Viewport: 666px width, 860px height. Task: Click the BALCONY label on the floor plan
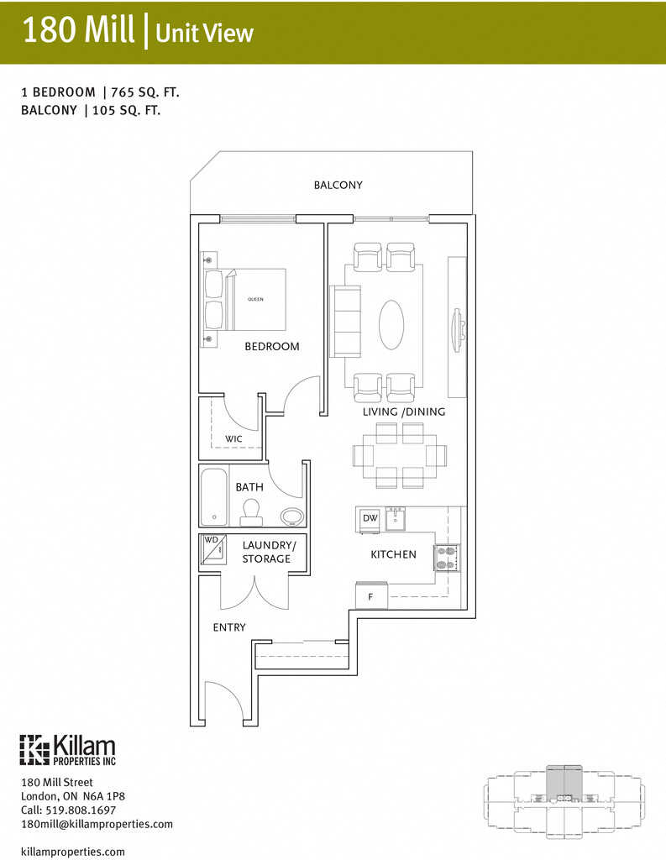tap(338, 185)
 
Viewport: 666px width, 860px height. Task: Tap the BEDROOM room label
tap(271, 346)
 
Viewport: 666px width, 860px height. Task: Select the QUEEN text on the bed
tap(255, 300)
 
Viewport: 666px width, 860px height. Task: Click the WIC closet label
tap(233, 438)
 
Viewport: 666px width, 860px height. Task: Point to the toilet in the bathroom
tap(250, 511)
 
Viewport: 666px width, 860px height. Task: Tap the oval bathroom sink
tap(291, 516)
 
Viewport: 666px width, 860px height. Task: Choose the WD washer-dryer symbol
tap(212, 548)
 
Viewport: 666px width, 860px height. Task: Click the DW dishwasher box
tap(370, 519)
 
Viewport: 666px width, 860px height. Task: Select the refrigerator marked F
tap(370, 596)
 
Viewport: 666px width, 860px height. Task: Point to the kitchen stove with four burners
tap(447, 558)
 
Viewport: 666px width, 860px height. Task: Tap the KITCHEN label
tap(393, 554)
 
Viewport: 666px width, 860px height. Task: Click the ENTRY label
tap(229, 627)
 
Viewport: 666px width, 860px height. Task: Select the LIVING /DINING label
tap(404, 412)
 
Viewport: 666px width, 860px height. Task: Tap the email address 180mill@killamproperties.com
tap(97, 824)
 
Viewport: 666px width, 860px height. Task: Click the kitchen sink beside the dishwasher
tap(396, 520)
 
